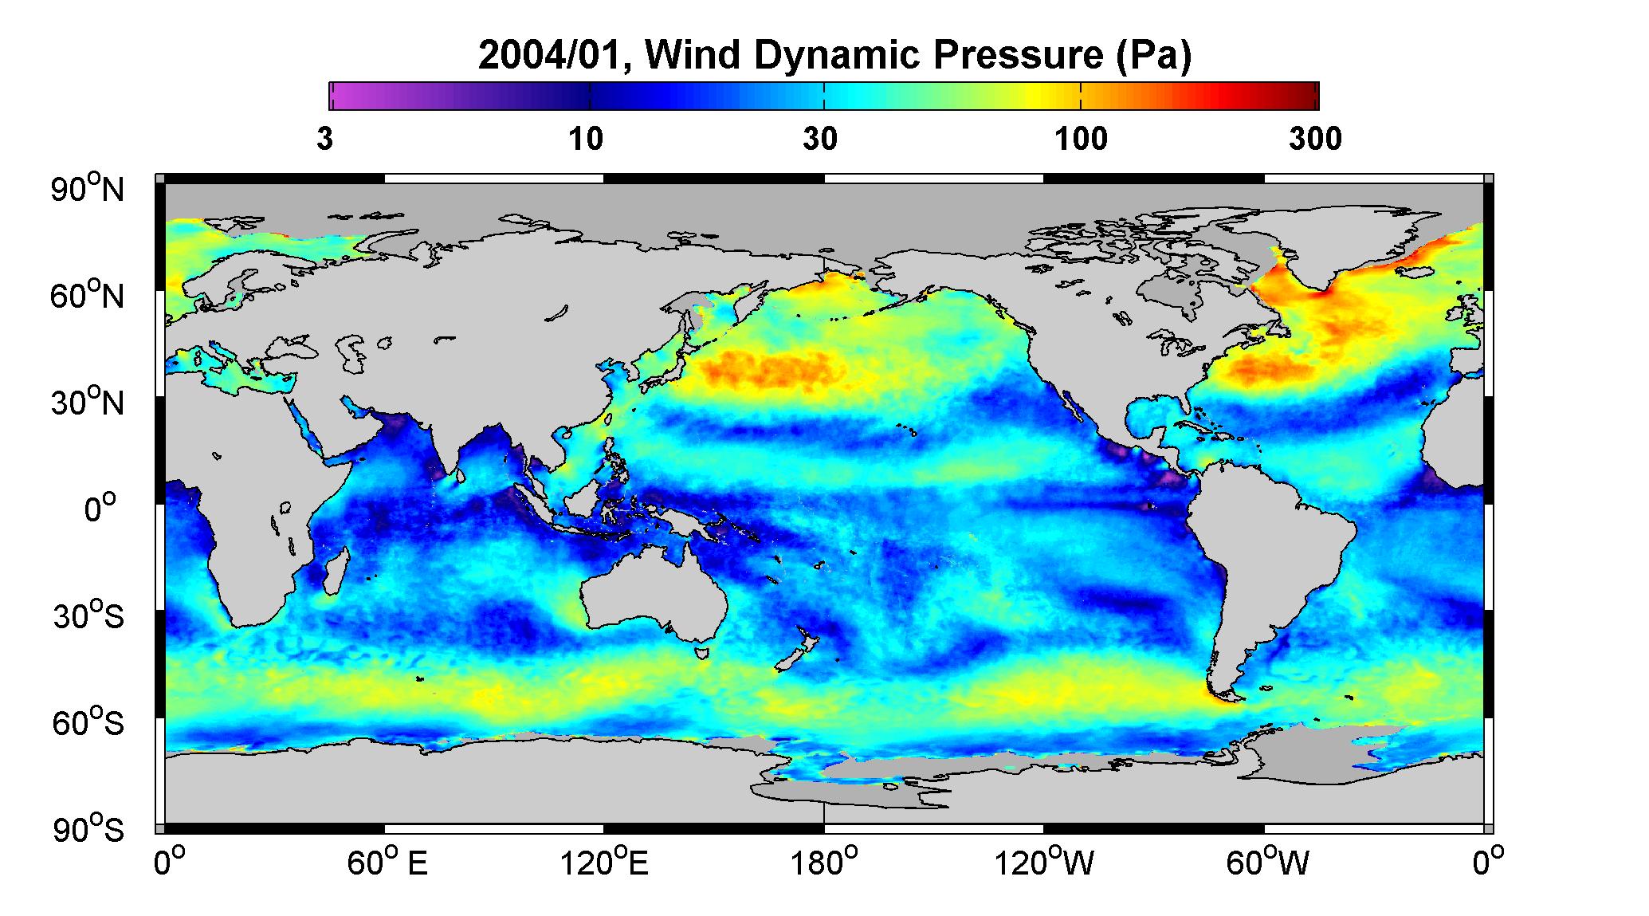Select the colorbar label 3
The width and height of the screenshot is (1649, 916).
(x=324, y=140)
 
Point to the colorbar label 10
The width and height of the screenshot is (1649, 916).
(x=586, y=140)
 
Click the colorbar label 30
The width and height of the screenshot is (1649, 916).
(x=820, y=140)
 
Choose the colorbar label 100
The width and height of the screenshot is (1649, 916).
(x=1082, y=140)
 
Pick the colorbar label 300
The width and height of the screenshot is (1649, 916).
(x=1315, y=140)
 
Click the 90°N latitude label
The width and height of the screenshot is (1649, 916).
(x=88, y=189)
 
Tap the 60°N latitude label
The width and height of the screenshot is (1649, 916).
(x=88, y=296)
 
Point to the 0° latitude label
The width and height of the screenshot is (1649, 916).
(x=100, y=509)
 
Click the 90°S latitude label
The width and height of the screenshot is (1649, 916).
(x=88, y=829)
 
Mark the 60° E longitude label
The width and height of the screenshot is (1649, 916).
(x=387, y=863)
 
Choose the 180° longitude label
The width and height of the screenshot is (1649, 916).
(x=823, y=863)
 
